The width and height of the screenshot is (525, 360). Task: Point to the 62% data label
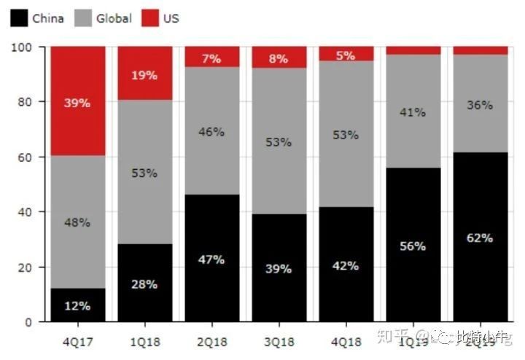click(x=480, y=238)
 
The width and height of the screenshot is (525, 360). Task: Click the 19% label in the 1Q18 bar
click(x=144, y=75)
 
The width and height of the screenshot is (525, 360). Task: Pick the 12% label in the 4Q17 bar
click(x=77, y=306)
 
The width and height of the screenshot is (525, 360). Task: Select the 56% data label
click(x=413, y=246)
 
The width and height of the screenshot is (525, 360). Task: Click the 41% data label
click(x=413, y=113)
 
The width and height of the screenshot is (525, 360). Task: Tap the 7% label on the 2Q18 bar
click(x=211, y=59)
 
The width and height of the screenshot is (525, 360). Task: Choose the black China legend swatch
click(x=19, y=17)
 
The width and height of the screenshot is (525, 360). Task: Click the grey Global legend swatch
click(x=83, y=17)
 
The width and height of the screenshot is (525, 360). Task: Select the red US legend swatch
click(x=149, y=17)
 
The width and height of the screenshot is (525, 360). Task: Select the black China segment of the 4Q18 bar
click(x=346, y=291)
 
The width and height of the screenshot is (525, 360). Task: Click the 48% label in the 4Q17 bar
click(x=77, y=222)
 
